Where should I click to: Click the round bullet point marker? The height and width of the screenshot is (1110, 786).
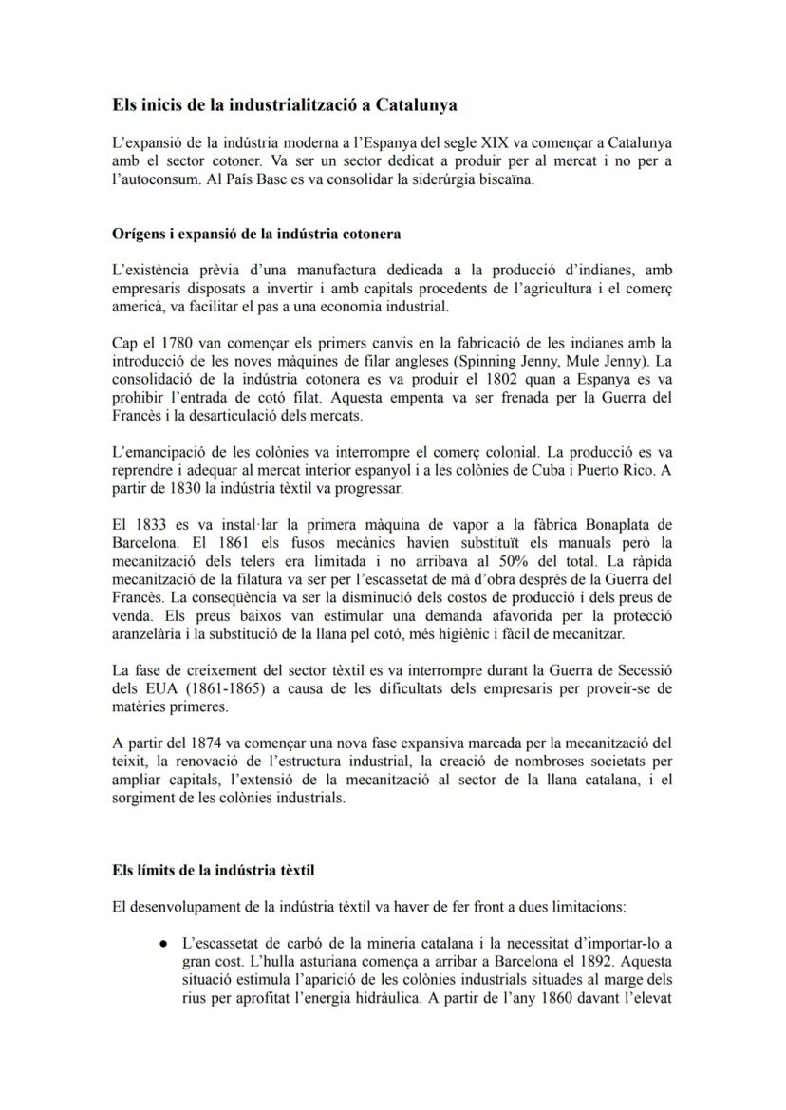[x=164, y=944]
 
